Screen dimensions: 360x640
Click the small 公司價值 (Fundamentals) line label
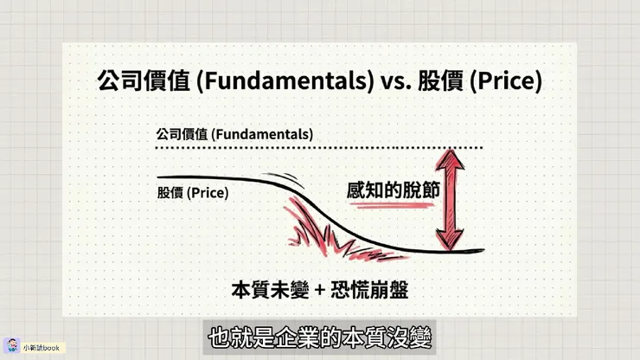[234, 135]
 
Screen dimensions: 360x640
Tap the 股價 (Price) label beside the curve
[192, 193]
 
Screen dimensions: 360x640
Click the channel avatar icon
[12, 345]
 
